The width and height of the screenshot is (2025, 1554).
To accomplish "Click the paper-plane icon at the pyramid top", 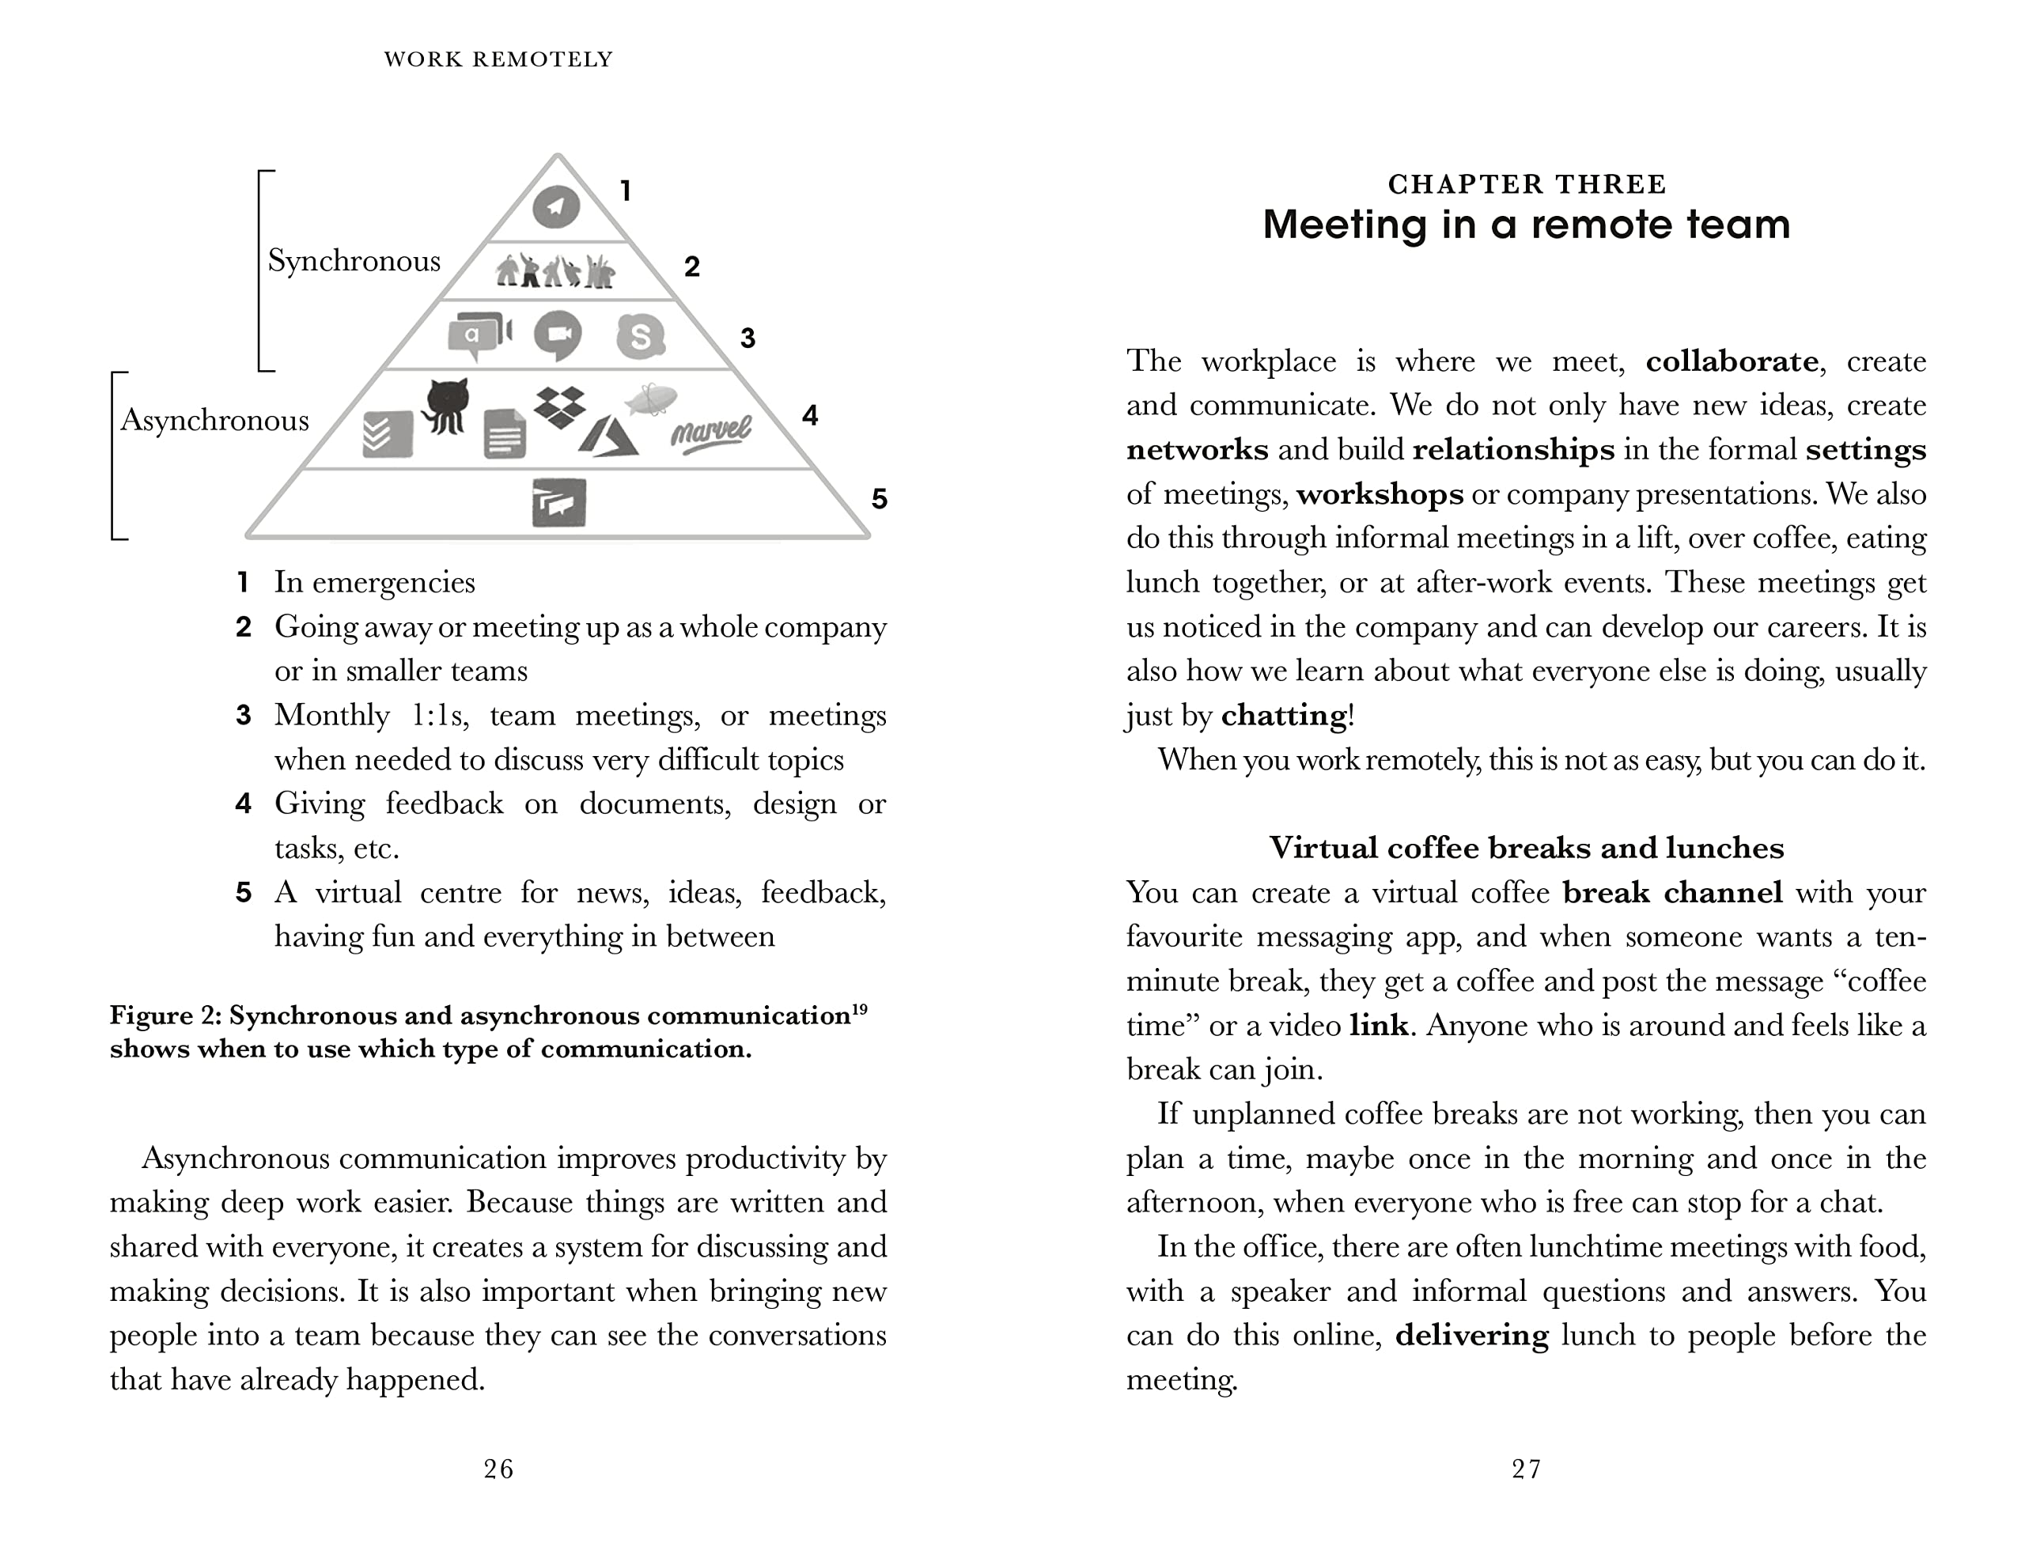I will [556, 206].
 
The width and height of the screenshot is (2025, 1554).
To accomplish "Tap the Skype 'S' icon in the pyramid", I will [640, 336].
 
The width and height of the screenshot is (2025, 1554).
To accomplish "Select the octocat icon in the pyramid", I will [445, 405].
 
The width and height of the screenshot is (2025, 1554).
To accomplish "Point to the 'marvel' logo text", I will [710, 431].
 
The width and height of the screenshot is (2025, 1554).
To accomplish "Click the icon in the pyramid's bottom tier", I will [558, 502].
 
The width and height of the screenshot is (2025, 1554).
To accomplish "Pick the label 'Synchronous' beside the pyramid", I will [354, 261].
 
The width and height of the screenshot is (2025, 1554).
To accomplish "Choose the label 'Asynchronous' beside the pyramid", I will [214, 420].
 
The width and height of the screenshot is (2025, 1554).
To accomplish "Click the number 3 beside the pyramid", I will [748, 338].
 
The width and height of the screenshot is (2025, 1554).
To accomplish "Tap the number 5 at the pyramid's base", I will [879, 500].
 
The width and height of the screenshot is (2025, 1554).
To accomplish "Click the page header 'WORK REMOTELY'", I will [498, 59].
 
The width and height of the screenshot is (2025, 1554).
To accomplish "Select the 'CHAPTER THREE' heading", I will [1527, 184].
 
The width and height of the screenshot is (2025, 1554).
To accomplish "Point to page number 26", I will [498, 1469].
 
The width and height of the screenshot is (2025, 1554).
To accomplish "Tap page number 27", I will [1527, 1469].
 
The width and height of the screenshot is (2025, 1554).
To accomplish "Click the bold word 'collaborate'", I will [1732, 361].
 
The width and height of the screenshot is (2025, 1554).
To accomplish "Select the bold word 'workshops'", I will [1380, 494].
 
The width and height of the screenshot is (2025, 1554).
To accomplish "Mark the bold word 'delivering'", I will [1470, 1335].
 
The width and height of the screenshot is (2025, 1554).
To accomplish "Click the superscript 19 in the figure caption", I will [859, 1009].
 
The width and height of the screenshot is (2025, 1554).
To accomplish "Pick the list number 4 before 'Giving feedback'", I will [244, 803].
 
